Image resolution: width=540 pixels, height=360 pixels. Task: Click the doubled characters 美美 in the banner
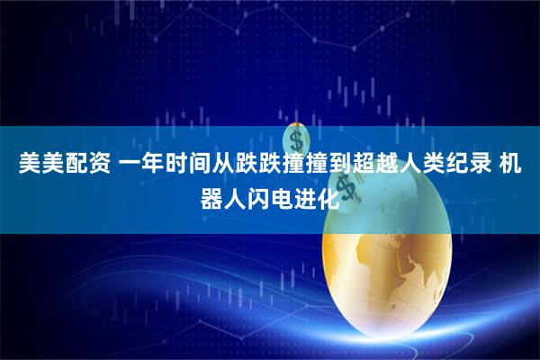coord(33,165)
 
